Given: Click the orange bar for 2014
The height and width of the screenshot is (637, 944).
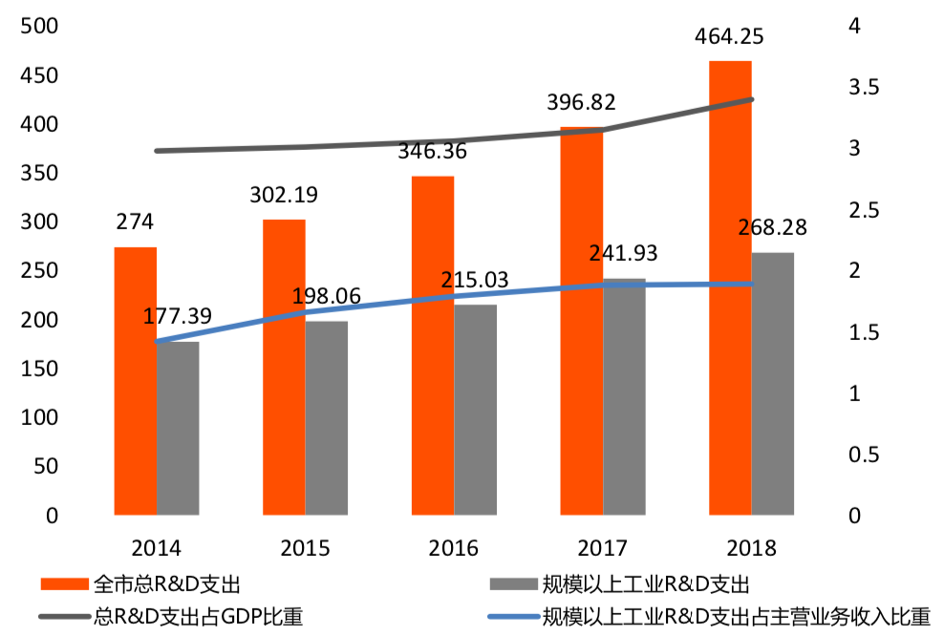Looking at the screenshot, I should (135, 381).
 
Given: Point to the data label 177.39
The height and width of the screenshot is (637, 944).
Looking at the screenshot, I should (178, 316).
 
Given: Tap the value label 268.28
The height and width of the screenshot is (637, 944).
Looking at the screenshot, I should (772, 228).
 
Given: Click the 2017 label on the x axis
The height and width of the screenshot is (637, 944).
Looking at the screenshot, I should (602, 548).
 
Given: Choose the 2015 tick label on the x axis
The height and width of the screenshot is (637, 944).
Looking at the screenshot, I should (305, 548).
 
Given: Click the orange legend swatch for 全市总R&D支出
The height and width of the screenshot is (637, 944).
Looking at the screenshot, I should (65, 583).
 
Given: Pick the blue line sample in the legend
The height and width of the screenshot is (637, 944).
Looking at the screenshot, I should (513, 616).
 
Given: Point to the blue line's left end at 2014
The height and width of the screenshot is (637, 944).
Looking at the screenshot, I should (157, 341).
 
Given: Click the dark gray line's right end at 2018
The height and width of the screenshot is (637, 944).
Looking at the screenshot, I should (751, 99).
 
